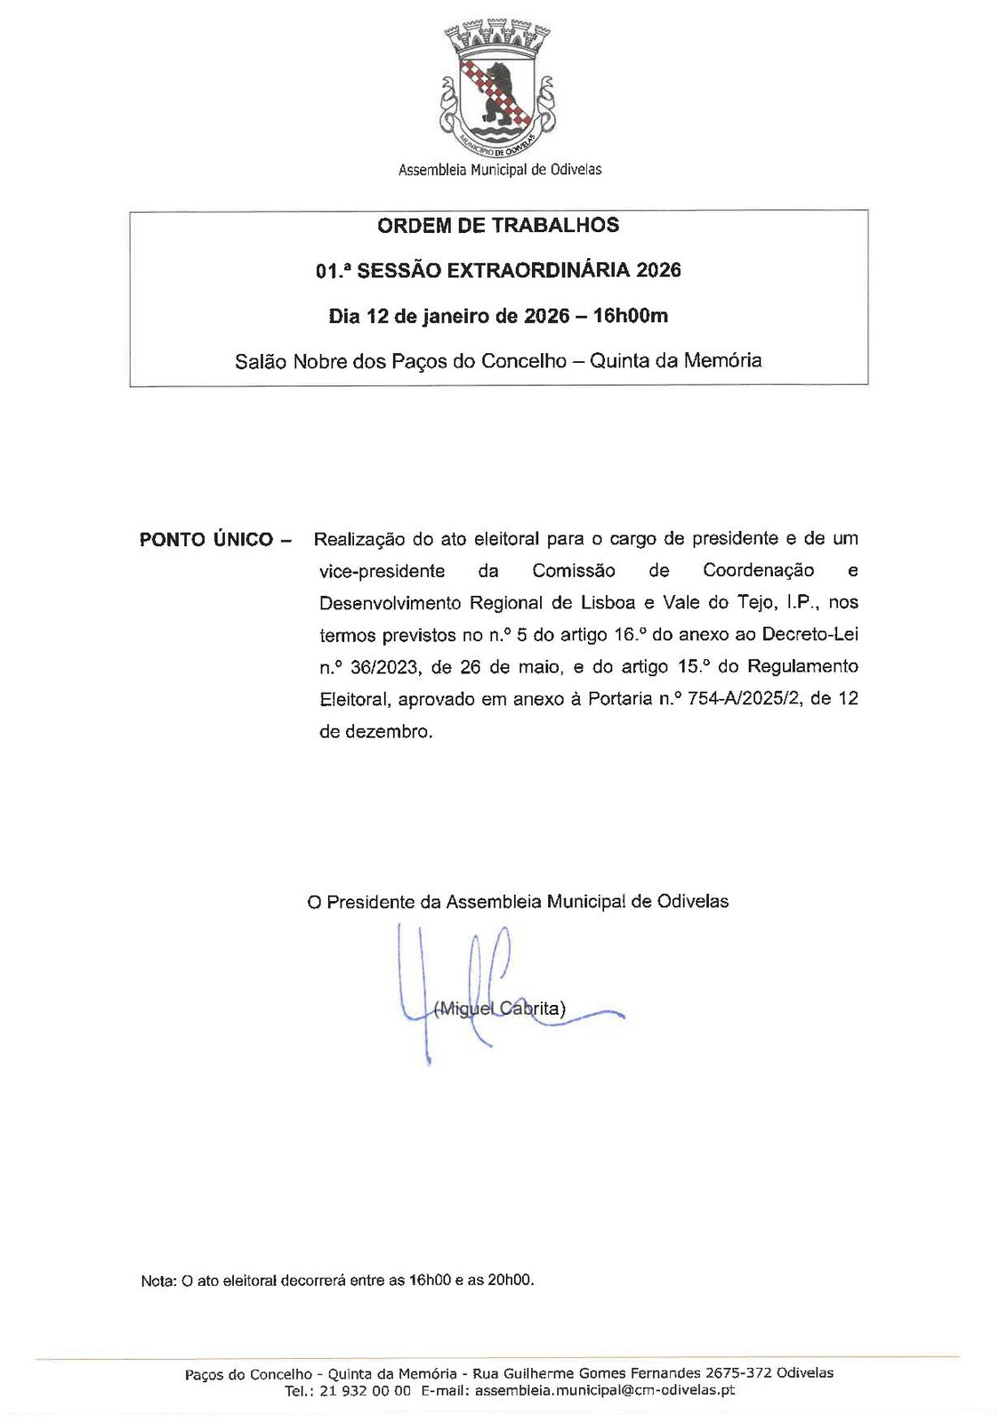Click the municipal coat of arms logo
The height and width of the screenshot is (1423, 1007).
(498, 86)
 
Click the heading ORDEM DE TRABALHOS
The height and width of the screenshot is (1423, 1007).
(498, 225)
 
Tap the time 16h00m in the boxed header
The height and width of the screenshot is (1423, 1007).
(631, 316)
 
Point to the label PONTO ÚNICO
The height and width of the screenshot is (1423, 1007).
(205, 540)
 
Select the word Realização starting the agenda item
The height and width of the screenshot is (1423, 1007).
(358, 539)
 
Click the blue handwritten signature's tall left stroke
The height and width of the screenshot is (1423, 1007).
(399, 969)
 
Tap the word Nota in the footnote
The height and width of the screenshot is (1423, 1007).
(157, 1282)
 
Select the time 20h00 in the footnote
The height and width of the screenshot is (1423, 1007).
(511, 1281)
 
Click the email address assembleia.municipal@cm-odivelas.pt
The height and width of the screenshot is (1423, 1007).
(605, 1391)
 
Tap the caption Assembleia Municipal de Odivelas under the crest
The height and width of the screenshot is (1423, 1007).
(499, 169)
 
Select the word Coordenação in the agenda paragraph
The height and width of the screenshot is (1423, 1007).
(758, 571)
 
